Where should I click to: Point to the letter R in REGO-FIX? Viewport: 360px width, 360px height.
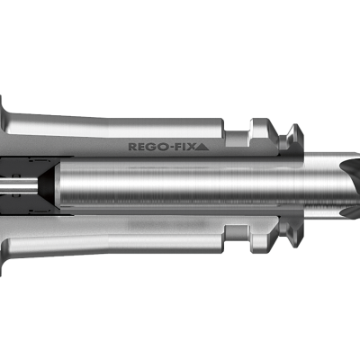click(x=131, y=147)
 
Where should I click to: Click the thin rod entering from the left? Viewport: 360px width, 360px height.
click(x=19, y=184)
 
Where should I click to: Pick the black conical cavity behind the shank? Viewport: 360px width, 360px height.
click(x=47, y=184)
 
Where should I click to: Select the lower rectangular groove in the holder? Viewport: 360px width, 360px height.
click(x=237, y=231)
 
